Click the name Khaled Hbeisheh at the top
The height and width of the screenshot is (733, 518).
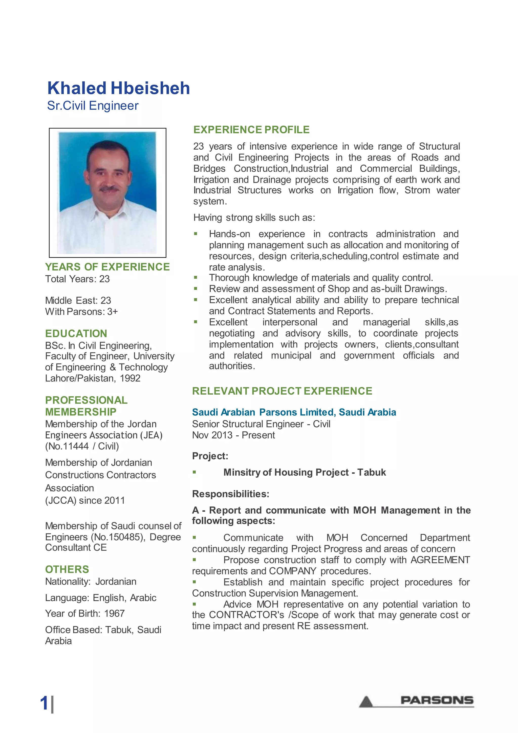tap(118, 88)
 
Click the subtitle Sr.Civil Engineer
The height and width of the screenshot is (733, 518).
tap(93, 106)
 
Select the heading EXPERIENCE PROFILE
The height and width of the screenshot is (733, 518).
tap(251, 130)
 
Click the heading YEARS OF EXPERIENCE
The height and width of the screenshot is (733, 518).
tap(107, 267)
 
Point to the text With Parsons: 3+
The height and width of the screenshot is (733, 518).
tap(81, 312)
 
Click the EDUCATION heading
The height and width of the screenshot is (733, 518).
tap(76, 334)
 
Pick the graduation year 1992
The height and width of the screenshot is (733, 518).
tap(130, 378)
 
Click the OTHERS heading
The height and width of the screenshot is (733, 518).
tap(67, 569)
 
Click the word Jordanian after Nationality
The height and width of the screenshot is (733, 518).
tap(116, 582)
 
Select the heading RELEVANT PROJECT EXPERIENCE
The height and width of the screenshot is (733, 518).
tap(282, 391)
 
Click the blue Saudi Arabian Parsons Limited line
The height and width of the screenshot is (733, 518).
tap(294, 413)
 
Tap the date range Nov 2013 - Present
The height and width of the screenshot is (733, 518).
tap(233, 435)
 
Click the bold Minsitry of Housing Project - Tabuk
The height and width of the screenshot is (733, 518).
tap(304, 473)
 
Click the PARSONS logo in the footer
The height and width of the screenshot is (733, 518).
tap(436, 701)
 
